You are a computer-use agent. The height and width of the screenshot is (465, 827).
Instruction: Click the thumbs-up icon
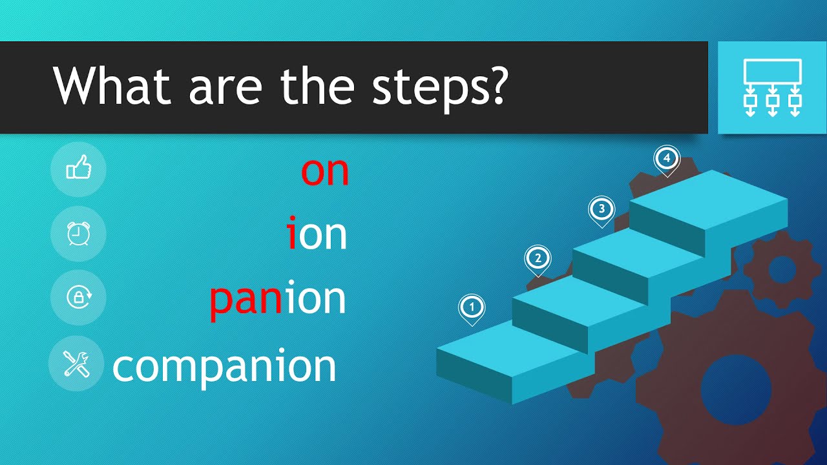(78, 169)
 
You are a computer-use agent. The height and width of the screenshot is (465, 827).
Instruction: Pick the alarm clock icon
(78, 234)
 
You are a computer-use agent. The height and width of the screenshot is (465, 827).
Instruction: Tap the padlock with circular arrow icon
(79, 298)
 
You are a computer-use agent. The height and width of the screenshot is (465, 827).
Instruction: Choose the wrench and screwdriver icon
(77, 364)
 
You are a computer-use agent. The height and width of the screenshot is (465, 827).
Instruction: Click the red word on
(325, 171)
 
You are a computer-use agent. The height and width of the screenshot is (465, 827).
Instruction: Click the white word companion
(224, 366)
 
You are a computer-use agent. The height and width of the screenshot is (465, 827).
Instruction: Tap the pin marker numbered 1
(472, 307)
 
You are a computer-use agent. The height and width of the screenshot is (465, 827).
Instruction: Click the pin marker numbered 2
(538, 260)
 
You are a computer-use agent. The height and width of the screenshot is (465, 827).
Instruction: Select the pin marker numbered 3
(602, 210)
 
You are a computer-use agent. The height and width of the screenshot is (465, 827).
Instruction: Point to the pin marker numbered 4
(667, 159)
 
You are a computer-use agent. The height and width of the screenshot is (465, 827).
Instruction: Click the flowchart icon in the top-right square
(772, 87)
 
